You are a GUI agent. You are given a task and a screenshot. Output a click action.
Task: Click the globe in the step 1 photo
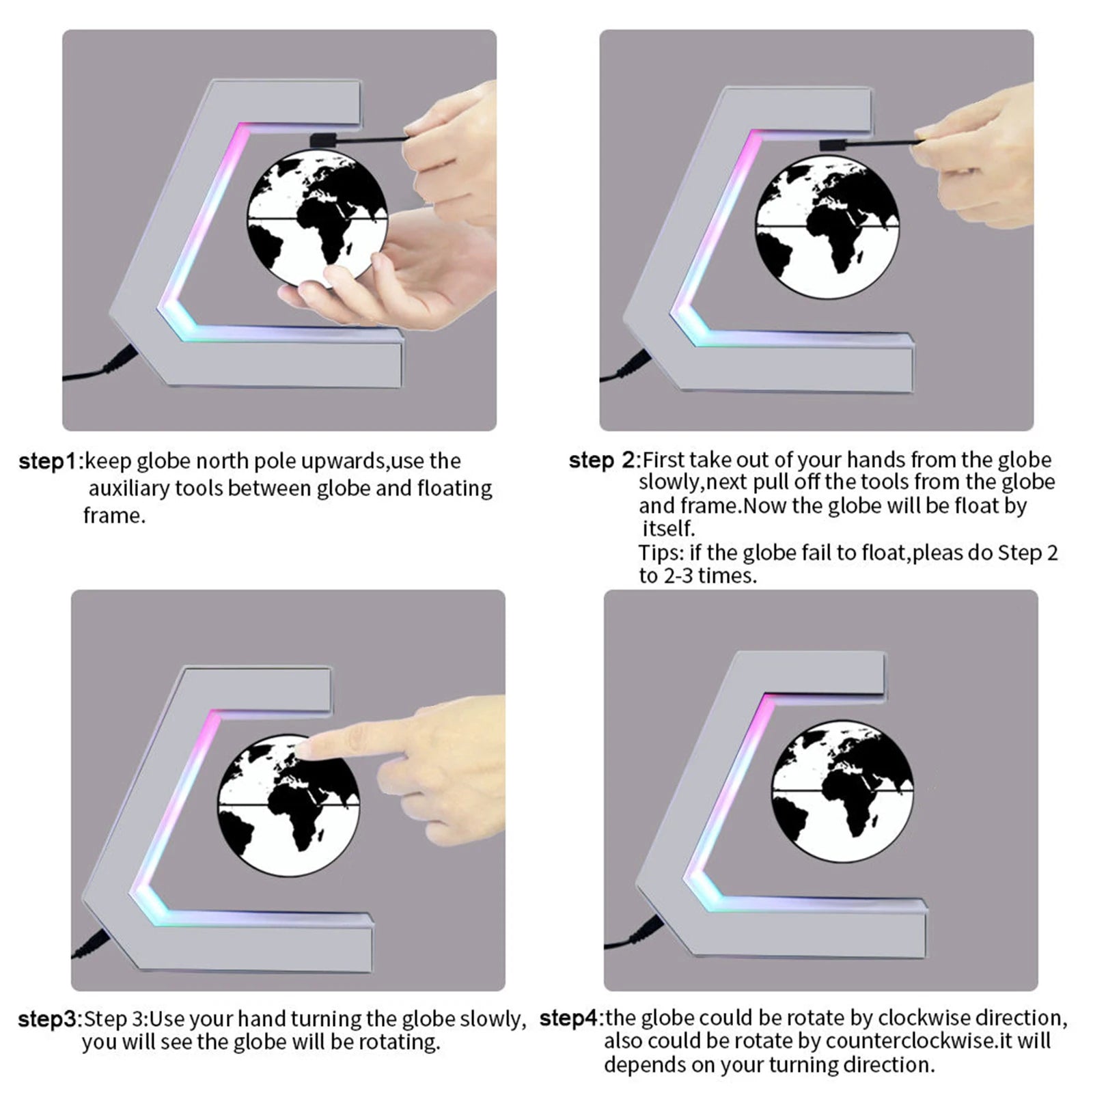pos(316,218)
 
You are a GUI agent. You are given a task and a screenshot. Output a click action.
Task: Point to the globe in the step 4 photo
pos(842,794)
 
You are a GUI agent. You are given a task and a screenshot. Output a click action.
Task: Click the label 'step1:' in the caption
pos(51,462)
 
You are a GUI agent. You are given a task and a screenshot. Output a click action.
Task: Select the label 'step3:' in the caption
pos(50,1019)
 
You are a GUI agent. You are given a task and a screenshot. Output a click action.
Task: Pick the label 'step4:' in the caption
pos(572,1019)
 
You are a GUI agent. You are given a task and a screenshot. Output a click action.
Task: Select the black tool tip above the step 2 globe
pos(834,145)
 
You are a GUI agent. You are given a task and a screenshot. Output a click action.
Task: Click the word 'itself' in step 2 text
pos(667,529)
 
